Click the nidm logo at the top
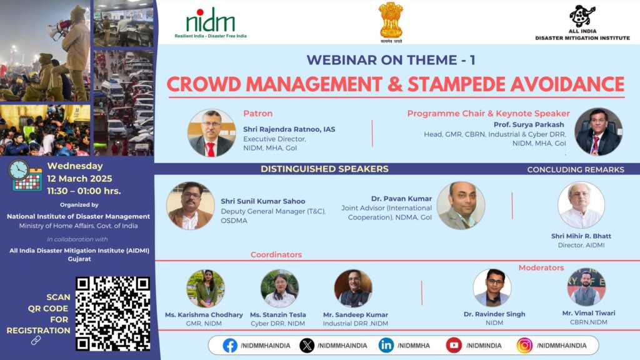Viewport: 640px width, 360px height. [x=211, y=23]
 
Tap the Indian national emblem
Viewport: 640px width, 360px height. [x=391, y=22]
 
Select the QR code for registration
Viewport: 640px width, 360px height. [x=112, y=314]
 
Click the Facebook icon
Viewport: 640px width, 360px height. [x=230, y=345]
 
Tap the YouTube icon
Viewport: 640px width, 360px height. [x=454, y=345]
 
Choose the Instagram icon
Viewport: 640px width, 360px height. [x=524, y=345]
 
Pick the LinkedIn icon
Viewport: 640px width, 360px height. [x=386, y=345]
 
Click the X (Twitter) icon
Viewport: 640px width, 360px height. [x=307, y=345]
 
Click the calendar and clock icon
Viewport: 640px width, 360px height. [x=25, y=175]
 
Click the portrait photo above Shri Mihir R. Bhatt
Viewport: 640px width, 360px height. [x=581, y=205]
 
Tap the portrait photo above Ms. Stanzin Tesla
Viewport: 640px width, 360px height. [x=279, y=288]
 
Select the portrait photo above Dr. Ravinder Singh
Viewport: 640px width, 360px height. [x=492, y=287]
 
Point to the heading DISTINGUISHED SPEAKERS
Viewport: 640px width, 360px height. [x=324, y=169]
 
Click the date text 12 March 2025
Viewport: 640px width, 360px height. [x=79, y=178]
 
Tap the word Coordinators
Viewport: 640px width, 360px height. [x=276, y=255]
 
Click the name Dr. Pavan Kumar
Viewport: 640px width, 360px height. [x=401, y=199]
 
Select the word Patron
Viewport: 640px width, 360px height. [x=258, y=114]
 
